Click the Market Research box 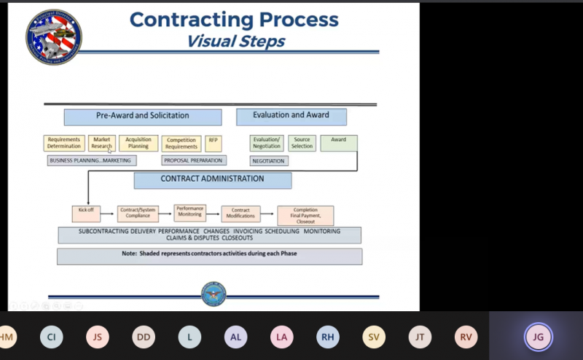101,143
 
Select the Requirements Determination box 63,143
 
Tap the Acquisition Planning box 138,143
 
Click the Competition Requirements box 181,143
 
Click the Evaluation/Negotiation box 266,143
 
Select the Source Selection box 302,143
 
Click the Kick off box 86,213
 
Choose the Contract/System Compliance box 138,214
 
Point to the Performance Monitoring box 189,212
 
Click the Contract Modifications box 240,214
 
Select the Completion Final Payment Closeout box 305,215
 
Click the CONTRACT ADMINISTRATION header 212,179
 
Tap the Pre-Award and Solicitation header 143,116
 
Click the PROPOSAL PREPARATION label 193,160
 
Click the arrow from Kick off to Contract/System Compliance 109,214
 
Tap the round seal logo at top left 53,36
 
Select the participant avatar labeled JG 538,337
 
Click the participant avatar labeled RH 328,337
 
